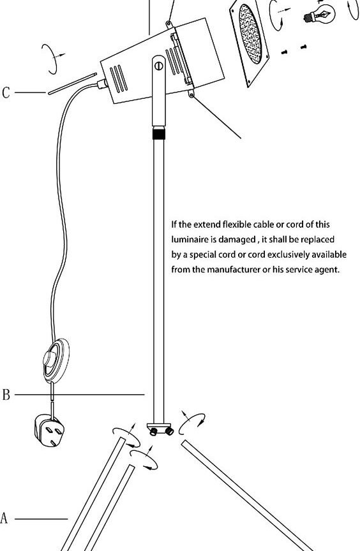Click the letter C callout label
pos(6,92)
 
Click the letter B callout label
pos(6,395)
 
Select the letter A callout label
pos(4,518)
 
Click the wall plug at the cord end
pos(49,430)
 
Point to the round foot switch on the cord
pos(56,360)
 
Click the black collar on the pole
pos(159,133)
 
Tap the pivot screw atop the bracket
pos(159,66)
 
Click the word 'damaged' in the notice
pos(237,240)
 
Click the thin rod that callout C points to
pos(72,84)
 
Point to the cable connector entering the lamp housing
pos(102,84)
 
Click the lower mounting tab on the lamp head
pos(191,94)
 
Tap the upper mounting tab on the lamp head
pos(169,24)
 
